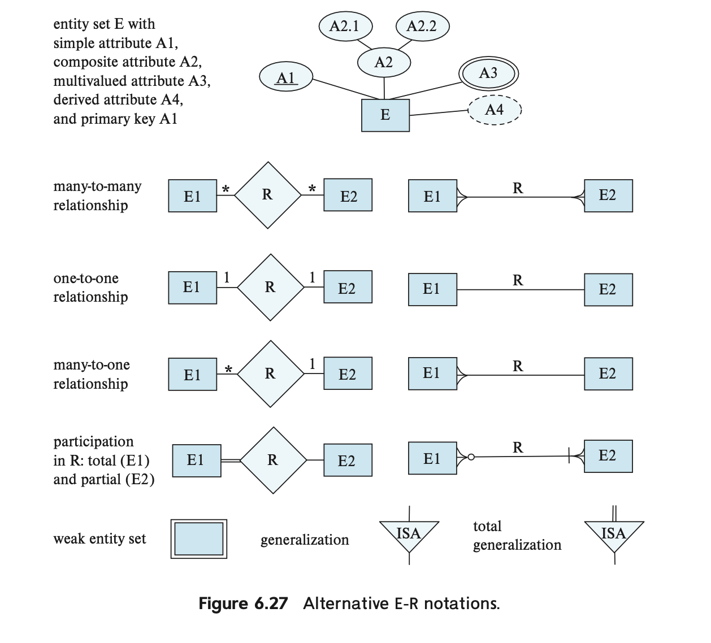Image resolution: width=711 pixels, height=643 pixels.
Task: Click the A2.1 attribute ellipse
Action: point(345,26)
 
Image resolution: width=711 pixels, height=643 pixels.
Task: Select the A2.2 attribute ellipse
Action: point(423,26)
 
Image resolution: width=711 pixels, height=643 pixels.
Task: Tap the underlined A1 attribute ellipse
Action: point(286,77)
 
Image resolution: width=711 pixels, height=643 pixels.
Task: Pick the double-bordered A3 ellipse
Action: point(488,73)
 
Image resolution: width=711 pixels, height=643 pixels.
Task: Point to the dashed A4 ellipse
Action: point(495,110)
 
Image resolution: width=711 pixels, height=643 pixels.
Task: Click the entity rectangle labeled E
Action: point(385,115)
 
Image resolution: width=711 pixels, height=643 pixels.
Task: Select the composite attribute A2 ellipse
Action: point(384,62)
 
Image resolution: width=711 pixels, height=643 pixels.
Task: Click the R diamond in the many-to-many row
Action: point(268,195)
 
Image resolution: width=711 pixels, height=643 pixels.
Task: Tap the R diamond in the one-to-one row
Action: point(270,288)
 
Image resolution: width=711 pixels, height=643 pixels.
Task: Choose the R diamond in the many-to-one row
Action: point(270,374)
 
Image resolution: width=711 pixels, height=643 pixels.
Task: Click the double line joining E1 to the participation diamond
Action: point(231,460)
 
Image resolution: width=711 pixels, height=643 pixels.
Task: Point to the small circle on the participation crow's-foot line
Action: point(471,457)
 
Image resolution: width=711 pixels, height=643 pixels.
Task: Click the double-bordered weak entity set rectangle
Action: point(199,539)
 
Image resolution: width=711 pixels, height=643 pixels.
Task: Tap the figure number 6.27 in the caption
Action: point(271,603)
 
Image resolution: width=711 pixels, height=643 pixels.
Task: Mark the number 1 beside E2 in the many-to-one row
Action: point(312,364)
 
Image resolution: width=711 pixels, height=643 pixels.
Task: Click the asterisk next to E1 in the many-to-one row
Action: point(228,370)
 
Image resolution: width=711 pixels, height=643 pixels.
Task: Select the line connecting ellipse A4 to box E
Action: point(439,112)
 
